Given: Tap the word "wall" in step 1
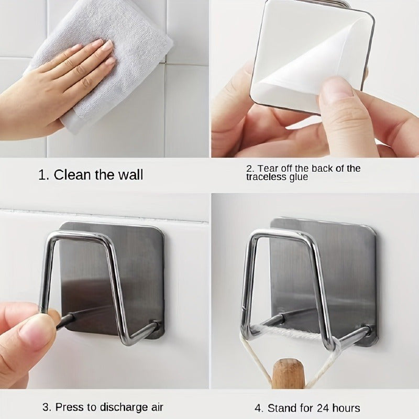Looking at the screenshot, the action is coord(130,175).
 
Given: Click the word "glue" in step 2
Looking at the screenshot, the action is coord(298,178).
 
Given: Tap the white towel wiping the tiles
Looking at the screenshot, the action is coord(102,61).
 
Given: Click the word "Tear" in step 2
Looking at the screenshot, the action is coord(267,169).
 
